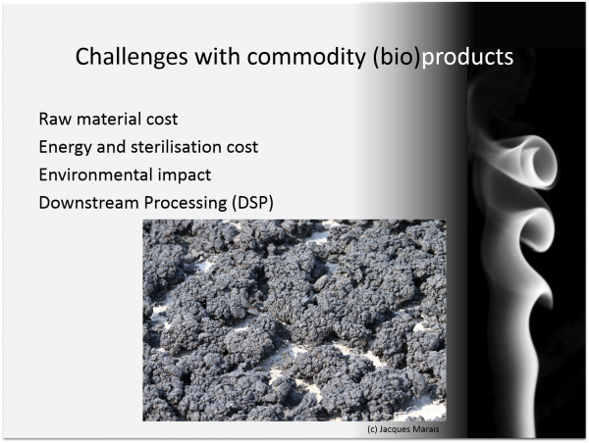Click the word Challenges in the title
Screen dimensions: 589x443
[x=132, y=57]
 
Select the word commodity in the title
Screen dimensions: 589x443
[x=306, y=56]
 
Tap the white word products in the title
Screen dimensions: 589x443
[x=467, y=58]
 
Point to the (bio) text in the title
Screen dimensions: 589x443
[x=396, y=57]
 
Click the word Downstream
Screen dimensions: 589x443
[x=89, y=203]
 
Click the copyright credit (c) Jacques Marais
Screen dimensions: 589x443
[x=403, y=429]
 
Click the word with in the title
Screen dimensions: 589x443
[x=217, y=56]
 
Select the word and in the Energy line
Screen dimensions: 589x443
[x=111, y=147]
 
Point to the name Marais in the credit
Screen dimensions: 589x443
[x=426, y=429]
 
